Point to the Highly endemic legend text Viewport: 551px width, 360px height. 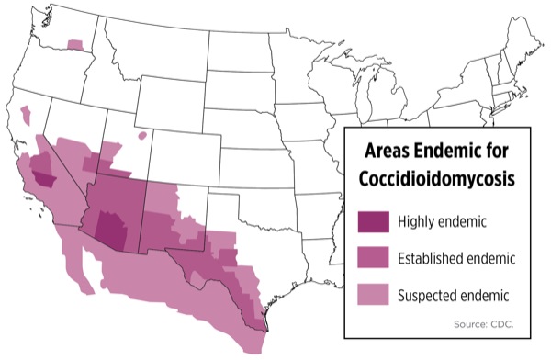click(441, 221)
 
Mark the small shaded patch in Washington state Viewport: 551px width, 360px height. click(73, 43)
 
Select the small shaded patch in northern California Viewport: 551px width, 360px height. click(26, 115)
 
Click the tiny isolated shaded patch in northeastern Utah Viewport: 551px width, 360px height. click(142, 135)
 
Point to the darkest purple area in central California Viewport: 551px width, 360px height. click(42, 167)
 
